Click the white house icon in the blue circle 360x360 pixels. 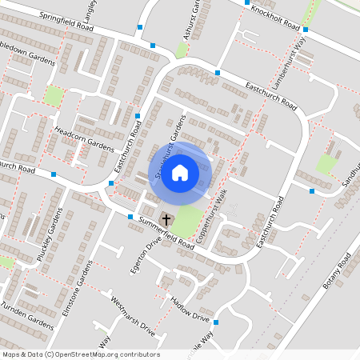(x=180, y=173)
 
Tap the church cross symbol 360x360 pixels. (x=166, y=218)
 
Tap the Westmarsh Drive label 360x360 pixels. (x=131, y=315)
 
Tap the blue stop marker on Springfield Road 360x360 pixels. (x=141, y=28)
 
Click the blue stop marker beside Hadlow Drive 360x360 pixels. (x=216, y=322)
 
